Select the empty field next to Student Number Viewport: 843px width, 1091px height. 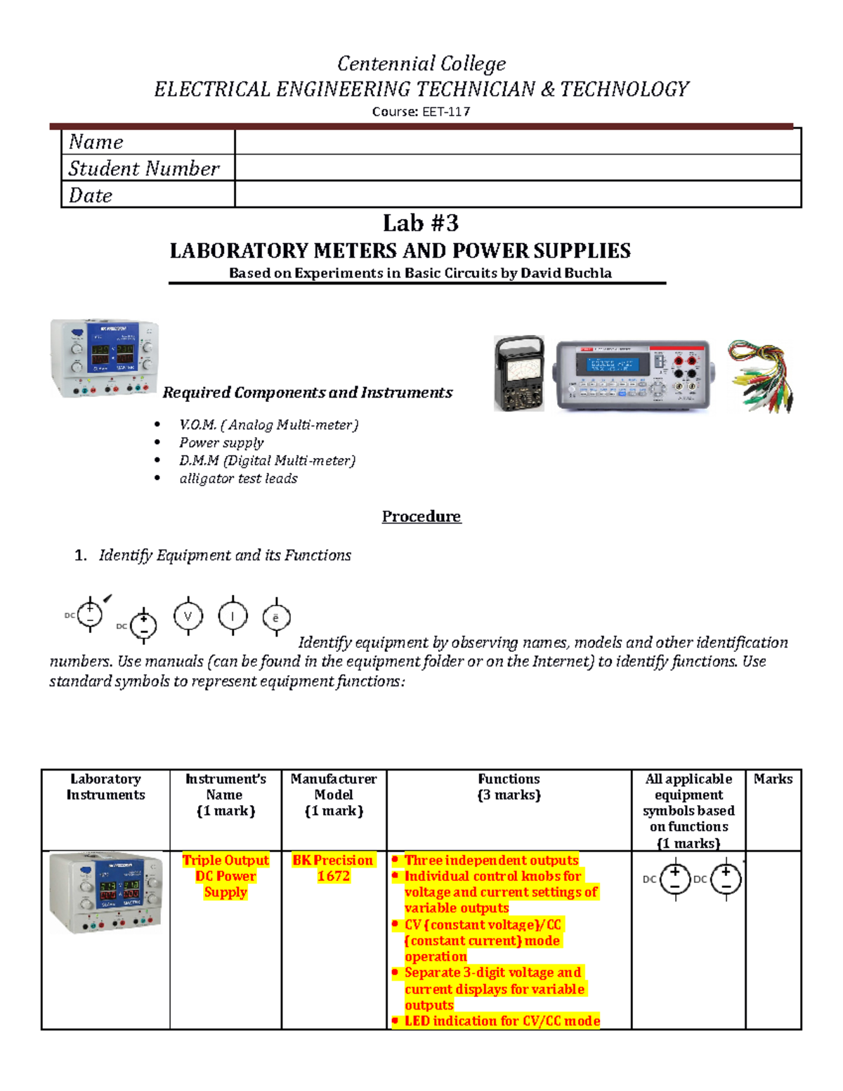(517, 168)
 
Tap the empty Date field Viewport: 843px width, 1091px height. (517, 195)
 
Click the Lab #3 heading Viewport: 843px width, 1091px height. (421, 223)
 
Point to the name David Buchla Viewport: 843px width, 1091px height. (566, 273)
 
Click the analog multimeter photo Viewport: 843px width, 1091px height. (519, 373)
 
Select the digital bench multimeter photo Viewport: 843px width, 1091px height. (633, 375)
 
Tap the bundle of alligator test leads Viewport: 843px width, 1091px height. (761, 376)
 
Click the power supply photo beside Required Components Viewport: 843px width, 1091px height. (105, 358)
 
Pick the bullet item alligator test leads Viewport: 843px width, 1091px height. (238, 478)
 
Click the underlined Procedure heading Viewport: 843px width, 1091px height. (421, 516)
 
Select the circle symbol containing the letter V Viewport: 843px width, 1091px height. (188, 617)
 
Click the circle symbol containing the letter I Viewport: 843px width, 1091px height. (233, 617)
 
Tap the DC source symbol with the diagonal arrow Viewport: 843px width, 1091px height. (91, 614)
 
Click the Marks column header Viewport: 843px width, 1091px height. (773, 779)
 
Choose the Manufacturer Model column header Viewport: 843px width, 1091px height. (334, 787)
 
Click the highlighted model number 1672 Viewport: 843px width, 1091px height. (333, 876)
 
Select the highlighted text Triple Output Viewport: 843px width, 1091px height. (226, 860)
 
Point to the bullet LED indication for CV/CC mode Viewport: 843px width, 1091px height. (502, 1021)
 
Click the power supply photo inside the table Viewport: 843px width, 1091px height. (105, 893)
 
